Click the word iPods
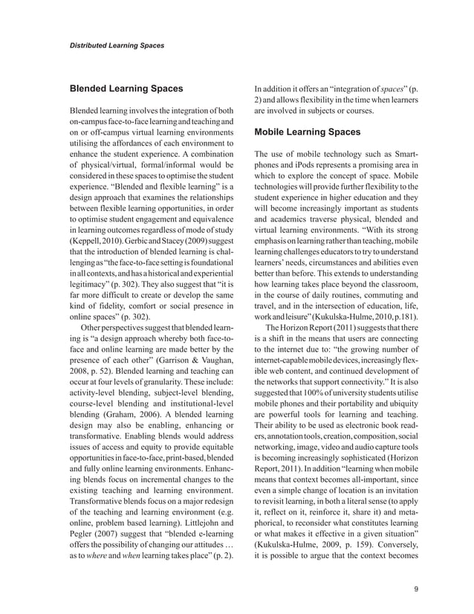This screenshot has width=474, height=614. tap(314, 164)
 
